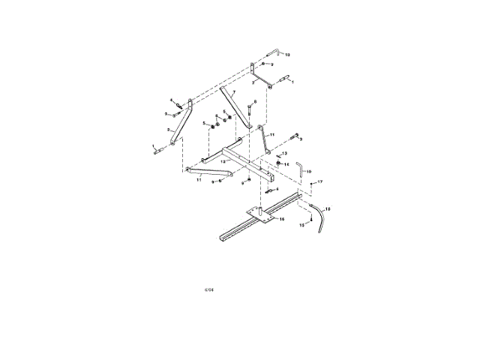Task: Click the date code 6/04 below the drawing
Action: coord(209,288)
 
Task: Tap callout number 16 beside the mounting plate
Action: coord(282,220)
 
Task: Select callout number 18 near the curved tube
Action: coord(327,208)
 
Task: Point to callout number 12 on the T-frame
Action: coord(223,161)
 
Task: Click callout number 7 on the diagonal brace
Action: coord(233,91)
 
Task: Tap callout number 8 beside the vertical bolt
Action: coord(254,102)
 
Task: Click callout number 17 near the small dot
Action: coord(319,182)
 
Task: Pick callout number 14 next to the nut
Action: coord(286,164)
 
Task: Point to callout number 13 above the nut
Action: coord(284,153)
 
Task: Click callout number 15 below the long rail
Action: coord(301,224)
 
